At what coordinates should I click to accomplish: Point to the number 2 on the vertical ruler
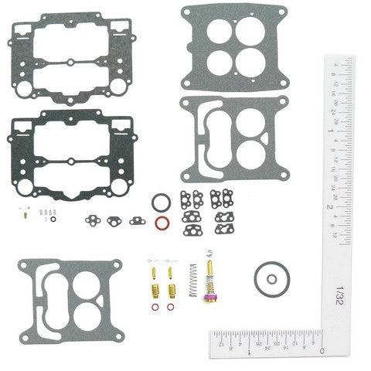tap(330, 207)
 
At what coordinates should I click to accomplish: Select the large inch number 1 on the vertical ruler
tap(330, 132)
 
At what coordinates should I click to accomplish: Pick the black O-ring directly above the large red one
tap(161, 203)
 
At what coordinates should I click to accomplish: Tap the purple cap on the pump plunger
tap(209, 296)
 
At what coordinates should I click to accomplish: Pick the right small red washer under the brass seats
tap(171, 308)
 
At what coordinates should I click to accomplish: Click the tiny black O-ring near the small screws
tap(53, 219)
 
